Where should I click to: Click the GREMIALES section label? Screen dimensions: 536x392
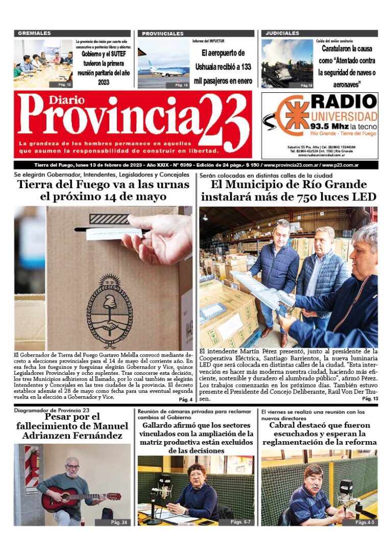click(x=35, y=33)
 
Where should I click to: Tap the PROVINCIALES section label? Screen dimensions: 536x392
click(x=163, y=34)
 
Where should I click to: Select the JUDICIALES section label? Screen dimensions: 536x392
click(x=282, y=33)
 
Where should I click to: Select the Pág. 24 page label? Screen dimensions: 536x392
click(x=120, y=522)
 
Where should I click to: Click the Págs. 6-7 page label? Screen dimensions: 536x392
click(x=241, y=522)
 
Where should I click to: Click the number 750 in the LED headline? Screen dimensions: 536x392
click(x=293, y=197)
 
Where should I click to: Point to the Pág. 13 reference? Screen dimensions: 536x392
click(x=370, y=398)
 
